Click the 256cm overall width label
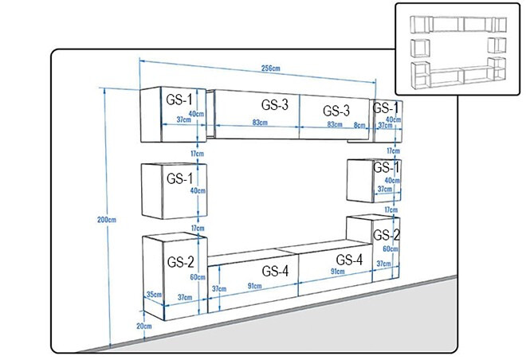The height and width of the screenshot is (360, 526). (270, 68)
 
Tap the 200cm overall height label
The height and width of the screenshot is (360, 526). (107, 220)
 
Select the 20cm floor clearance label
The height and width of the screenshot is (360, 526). (144, 326)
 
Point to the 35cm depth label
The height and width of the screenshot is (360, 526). (155, 295)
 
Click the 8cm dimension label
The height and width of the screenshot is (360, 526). (359, 125)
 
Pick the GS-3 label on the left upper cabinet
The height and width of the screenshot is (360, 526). (275, 105)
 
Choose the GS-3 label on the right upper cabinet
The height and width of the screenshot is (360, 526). (336, 111)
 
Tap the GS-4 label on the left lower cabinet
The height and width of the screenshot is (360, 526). (275, 271)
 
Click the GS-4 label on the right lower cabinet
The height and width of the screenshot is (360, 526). (349, 260)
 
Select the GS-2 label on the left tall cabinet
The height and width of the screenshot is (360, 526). (180, 262)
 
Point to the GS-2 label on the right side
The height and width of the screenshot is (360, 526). (386, 235)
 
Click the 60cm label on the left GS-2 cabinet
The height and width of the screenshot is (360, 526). (198, 277)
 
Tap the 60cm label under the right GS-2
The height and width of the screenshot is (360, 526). (391, 248)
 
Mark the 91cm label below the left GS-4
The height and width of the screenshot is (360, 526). (254, 286)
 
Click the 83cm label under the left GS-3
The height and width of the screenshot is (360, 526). (260, 123)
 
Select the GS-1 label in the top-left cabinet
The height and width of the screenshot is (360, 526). (179, 100)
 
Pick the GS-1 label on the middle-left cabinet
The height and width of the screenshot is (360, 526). (180, 178)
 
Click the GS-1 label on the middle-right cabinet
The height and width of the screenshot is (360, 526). (386, 167)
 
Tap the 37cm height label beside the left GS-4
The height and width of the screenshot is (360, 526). (219, 288)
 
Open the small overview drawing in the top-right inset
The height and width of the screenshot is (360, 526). (458, 49)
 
